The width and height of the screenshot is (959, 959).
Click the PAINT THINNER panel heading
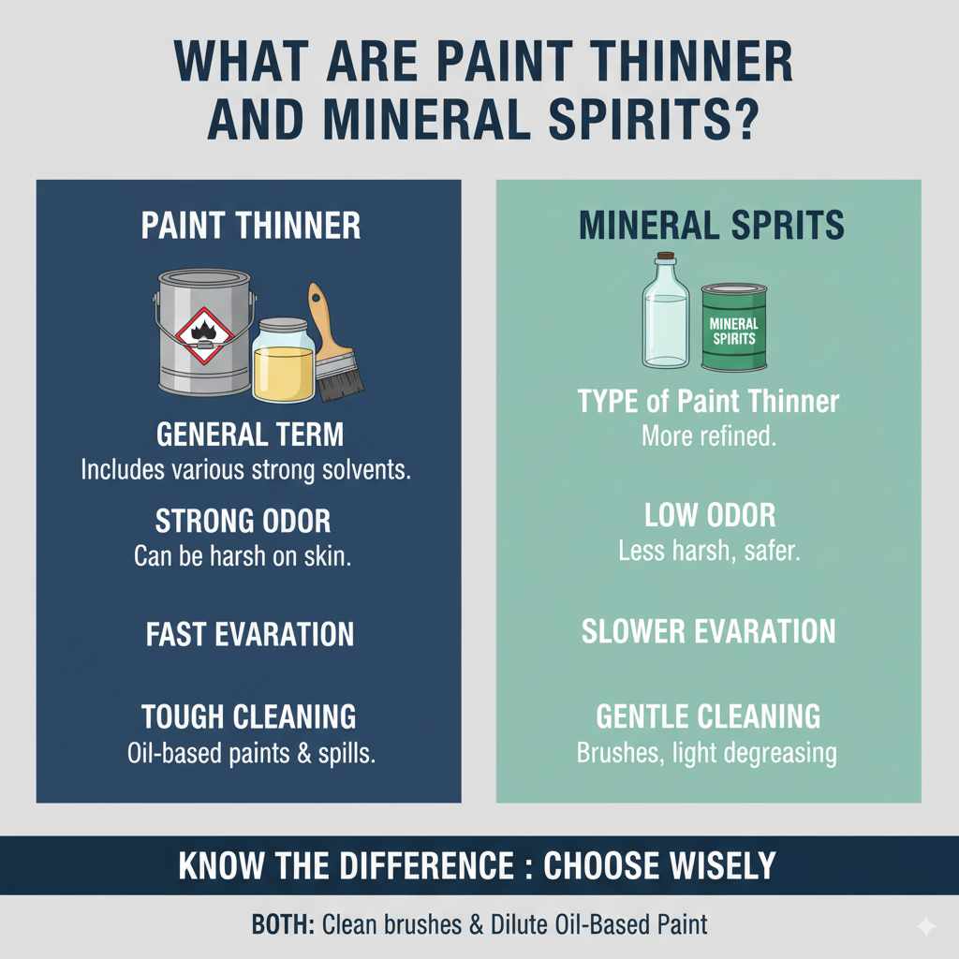(x=250, y=226)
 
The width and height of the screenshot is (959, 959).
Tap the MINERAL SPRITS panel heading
(x=711, y=226)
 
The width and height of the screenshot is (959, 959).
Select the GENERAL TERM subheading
(x=249, y=435)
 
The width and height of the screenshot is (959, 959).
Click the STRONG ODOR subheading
(x=243, y=521)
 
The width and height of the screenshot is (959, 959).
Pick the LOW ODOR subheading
(x=709, y=516)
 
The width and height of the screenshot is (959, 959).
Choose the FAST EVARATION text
(x=250, y=634)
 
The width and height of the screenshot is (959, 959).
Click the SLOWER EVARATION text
(x=708, y=631)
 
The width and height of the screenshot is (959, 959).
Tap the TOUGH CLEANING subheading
(x=248, y=717)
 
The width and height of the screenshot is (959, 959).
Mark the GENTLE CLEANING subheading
(x=708, y=716)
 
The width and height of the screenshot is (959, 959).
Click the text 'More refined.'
(x=708, y=436)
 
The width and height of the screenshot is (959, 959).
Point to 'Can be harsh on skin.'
(x=242, y=556)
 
